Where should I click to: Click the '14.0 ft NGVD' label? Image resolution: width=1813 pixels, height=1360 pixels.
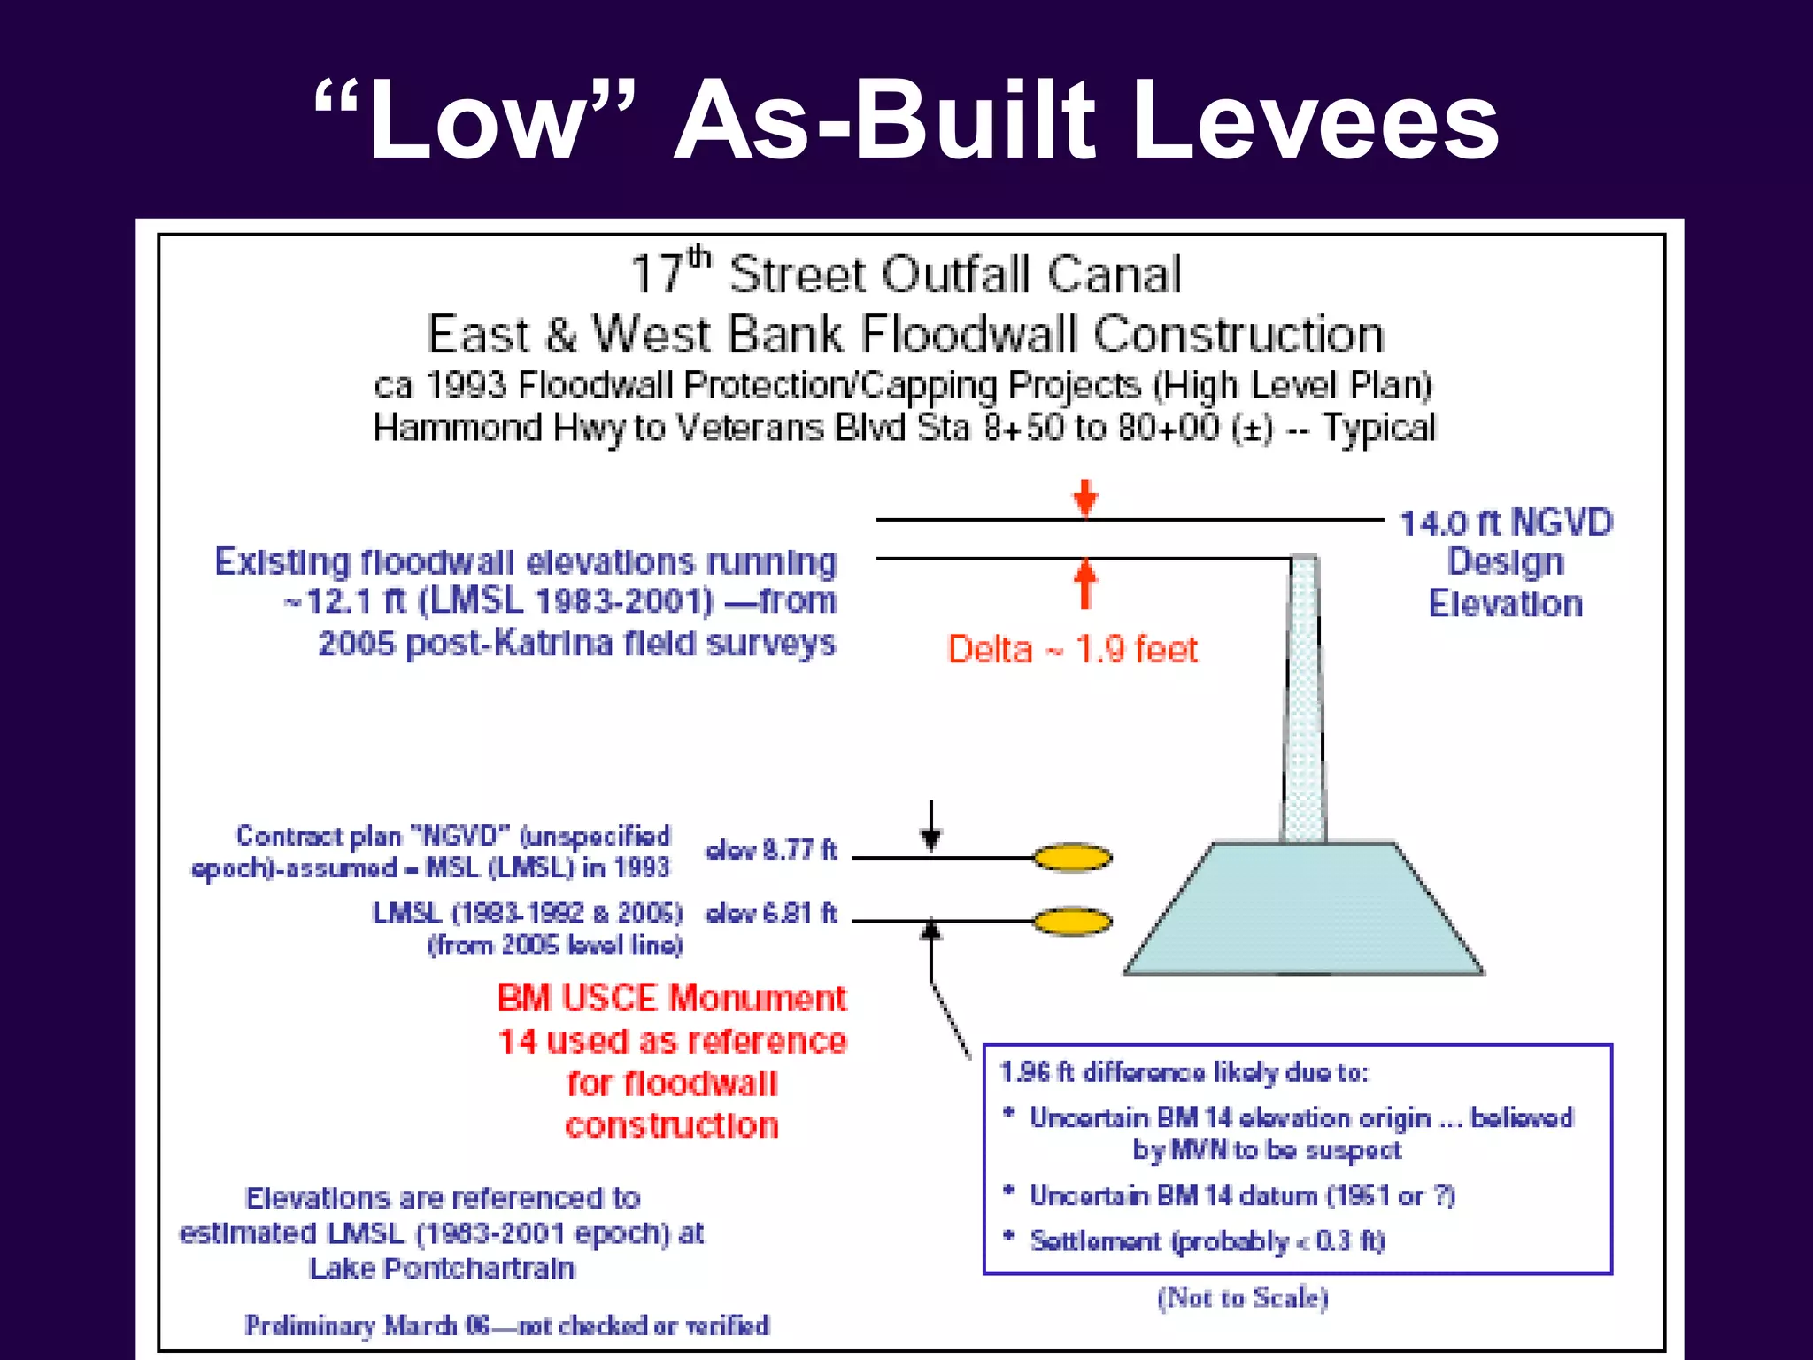(x=1506, y=523)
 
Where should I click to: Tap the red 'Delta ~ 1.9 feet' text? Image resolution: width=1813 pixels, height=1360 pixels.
(x=1072, y=649)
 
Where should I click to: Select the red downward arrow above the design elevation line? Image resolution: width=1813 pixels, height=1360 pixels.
(x=1085, y=498)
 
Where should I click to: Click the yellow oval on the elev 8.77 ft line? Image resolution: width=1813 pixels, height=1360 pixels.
(x=1072, y=857)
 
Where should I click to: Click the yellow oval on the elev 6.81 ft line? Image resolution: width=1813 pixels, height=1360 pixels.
(x=1072, y=922)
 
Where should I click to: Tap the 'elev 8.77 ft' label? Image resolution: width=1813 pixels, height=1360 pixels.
(x=771, y=850)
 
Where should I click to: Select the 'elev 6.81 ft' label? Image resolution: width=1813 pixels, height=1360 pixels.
(x=771, y=913)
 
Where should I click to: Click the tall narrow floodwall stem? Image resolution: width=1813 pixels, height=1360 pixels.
(x=1304, y=699)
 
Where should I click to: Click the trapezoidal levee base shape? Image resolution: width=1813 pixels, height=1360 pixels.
(x=1304, y=912)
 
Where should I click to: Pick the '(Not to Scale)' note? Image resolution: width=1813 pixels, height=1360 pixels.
(x=1242, y=1298)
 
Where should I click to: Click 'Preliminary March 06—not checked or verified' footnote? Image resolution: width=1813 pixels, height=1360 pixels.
(x=507, y=1325)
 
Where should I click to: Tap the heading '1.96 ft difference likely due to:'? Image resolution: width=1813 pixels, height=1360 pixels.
(x=1184, y=1072)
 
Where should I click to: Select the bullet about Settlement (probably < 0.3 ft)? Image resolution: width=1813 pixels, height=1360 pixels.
(x=1206, y=1240)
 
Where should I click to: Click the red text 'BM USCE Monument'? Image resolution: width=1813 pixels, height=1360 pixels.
(x=671, y=999)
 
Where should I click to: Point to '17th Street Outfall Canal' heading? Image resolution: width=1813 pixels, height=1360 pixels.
(x=906, y=274)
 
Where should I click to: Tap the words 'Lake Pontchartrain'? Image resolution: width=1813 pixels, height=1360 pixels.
(x=442, y=1269)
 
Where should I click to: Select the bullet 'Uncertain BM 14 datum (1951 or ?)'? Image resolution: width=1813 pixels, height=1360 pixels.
(x=1241, y=1195)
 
